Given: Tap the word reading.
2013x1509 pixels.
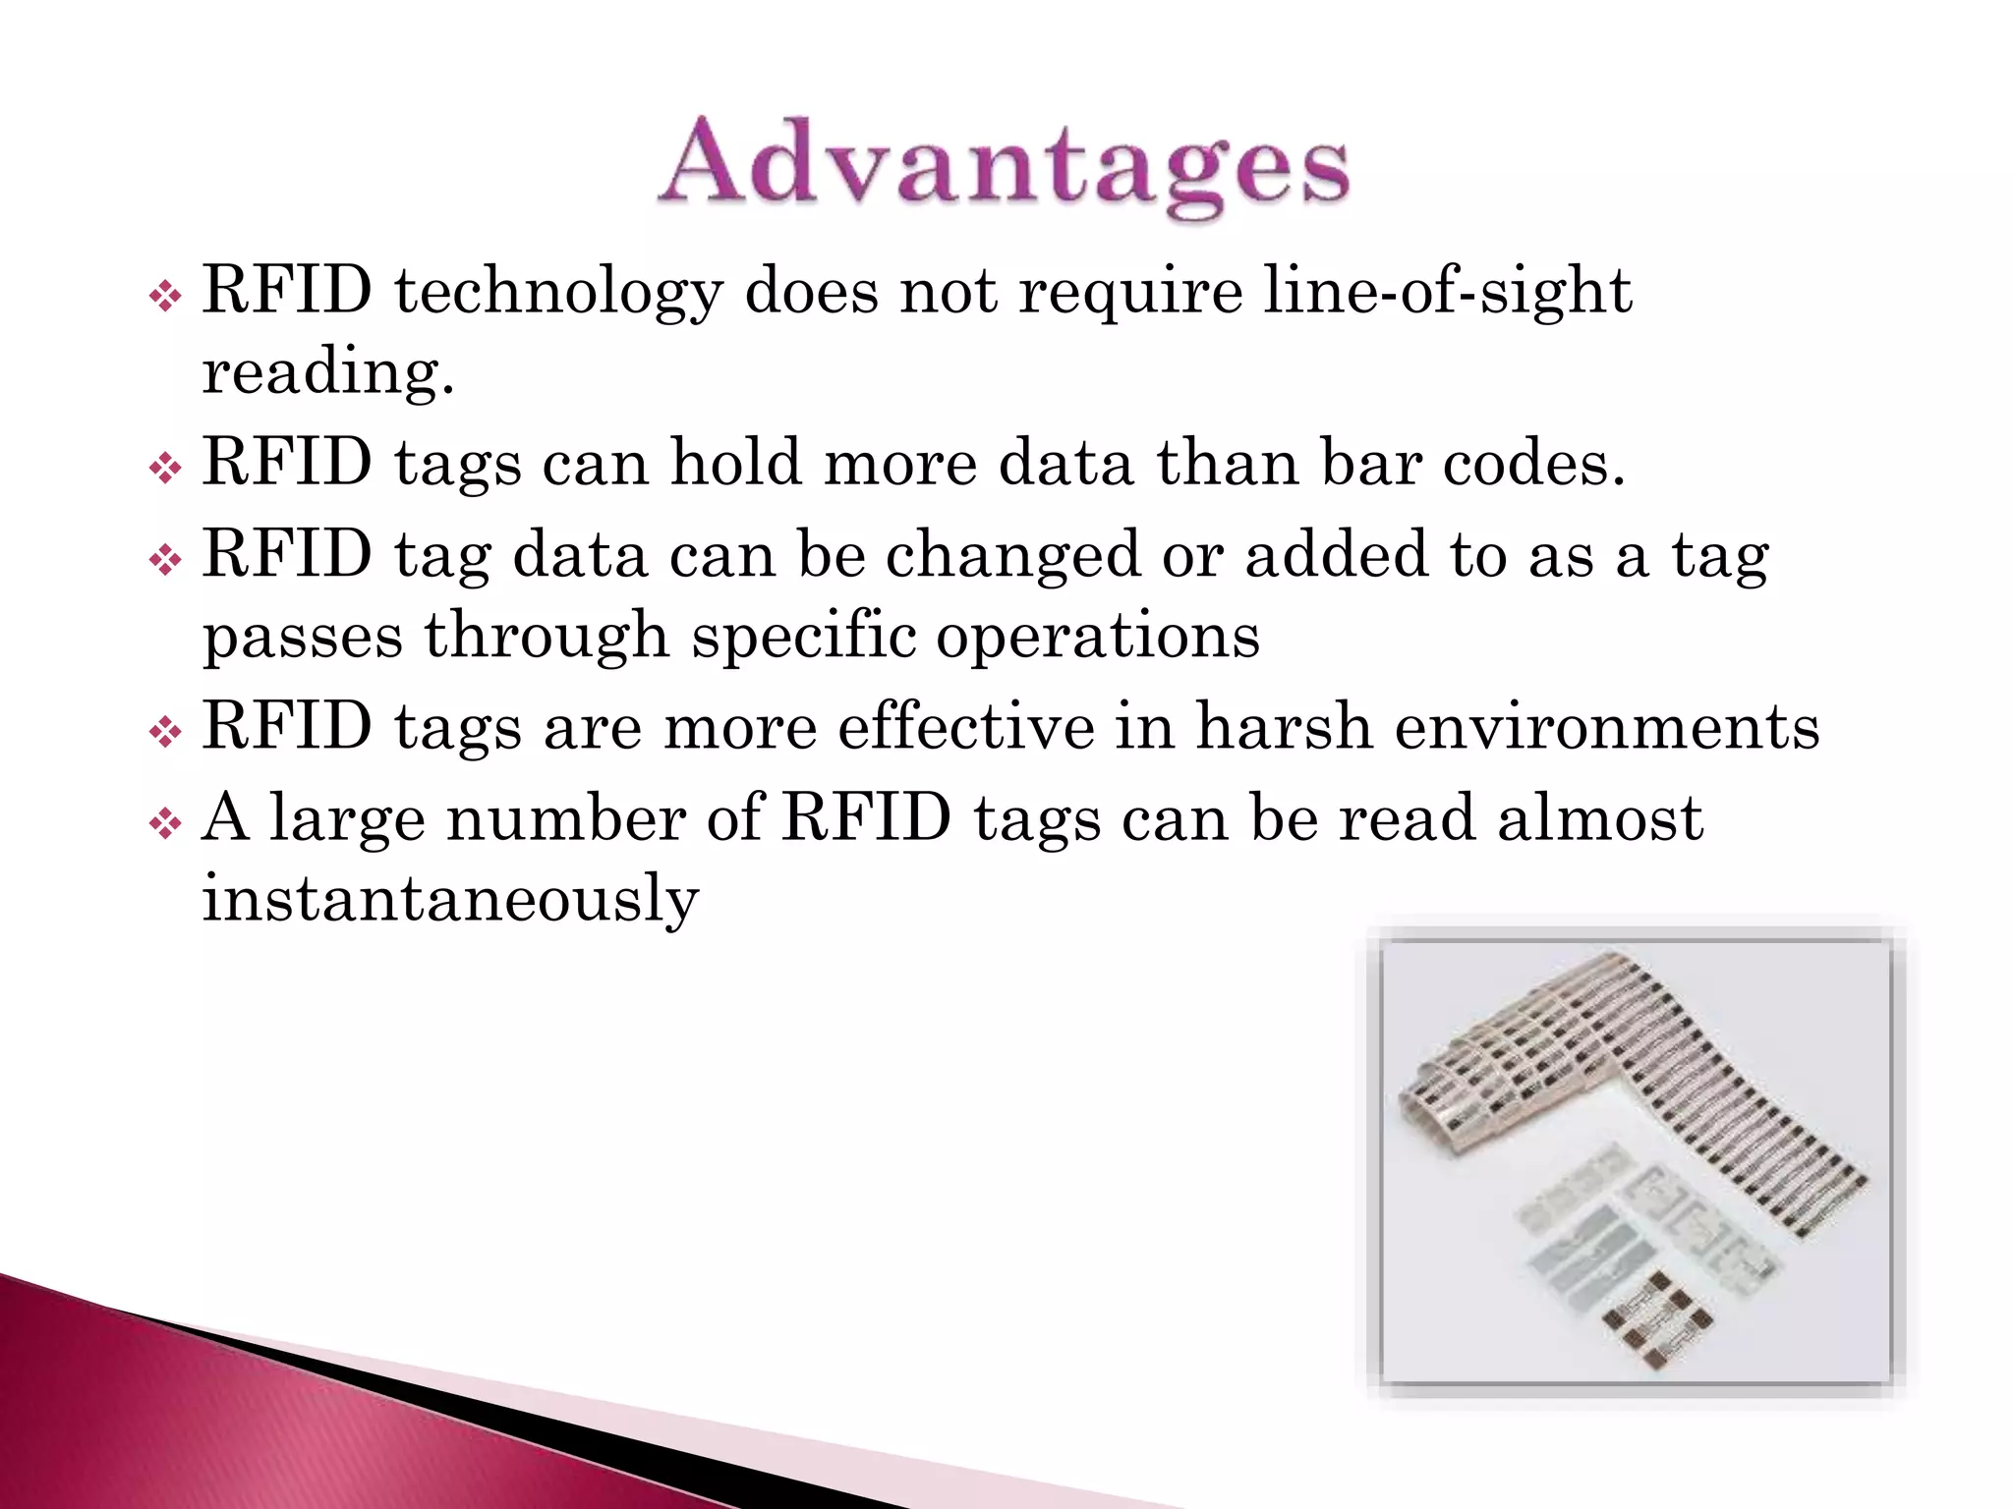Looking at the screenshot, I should (327, 374).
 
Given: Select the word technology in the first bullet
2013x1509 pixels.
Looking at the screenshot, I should (558, 293).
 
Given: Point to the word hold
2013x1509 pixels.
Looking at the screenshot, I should (735, 462).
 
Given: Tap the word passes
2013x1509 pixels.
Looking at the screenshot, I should (303, 637).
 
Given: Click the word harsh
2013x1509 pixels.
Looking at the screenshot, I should (1284, 727).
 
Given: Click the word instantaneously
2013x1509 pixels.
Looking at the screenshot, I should (450, 899).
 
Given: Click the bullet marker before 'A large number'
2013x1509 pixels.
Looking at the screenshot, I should (165, 823).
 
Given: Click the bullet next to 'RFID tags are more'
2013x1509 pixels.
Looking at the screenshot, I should (165, 732).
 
